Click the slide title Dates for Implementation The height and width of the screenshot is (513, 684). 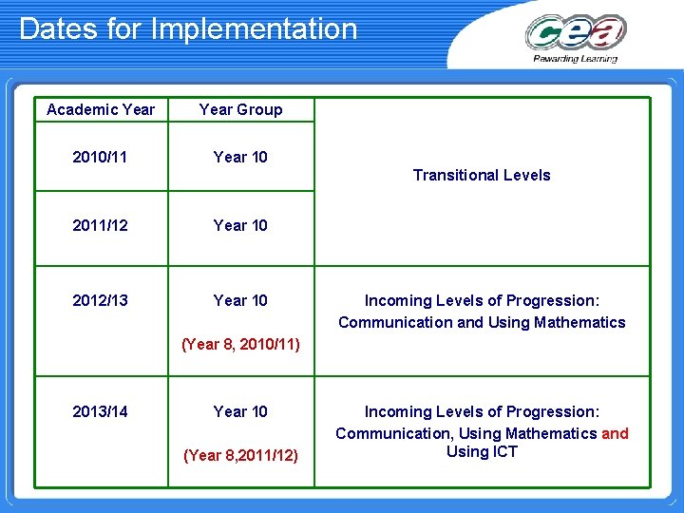pos(188,28)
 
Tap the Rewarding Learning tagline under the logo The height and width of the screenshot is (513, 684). pos(575,59)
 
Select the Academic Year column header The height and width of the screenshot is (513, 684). pos(101,109)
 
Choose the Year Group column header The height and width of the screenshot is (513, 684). pos(240,109)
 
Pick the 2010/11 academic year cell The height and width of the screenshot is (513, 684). pos(101,157)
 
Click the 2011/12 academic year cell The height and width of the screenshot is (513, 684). pos(101,225)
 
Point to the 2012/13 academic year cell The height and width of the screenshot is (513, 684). pos(101,300)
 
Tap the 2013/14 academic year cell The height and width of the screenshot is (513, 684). pos(101,411)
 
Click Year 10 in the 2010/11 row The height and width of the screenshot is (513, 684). pos(240,157)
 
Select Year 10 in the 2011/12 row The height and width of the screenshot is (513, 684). pos(240,225)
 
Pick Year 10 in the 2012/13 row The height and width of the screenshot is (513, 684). pos(240,300)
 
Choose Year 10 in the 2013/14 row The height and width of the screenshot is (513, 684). pos(240,411)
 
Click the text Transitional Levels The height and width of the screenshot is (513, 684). pos(482,175)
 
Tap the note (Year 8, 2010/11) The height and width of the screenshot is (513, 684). pos(240,344)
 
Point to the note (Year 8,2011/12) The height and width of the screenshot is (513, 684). pos(240,456)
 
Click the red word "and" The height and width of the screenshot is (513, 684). pos(615,433)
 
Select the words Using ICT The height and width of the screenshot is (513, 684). pos(482,452)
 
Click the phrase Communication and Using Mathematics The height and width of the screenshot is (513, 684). pos(482,322)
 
